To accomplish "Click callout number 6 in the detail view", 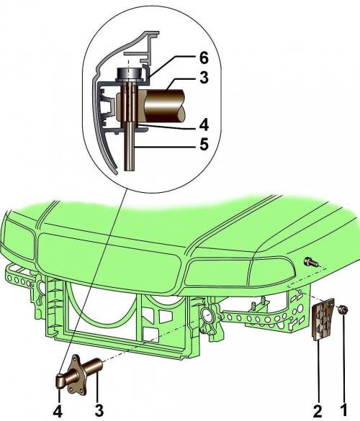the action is click(x=204, y=58).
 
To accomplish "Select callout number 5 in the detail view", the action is click(x=204, y=145).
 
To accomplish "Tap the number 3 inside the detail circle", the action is click(x=204, y=78).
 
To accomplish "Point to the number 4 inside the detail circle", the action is click(x=204, y=125).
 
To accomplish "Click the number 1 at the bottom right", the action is click(x=343, y=411).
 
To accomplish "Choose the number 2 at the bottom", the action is click(x=318, y=411).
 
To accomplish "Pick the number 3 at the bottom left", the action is click(x=99, y=411).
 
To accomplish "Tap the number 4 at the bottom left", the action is click(x=58, y=411).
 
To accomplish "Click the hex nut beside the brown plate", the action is click(x=343, y=310).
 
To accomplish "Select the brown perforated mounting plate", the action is click(x=323, y=319).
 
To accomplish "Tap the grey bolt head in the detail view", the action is click(x=129, y=73).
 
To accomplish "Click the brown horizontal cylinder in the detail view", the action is click(x=164, y=105).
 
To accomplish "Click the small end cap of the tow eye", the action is click(x=60, y=381).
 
